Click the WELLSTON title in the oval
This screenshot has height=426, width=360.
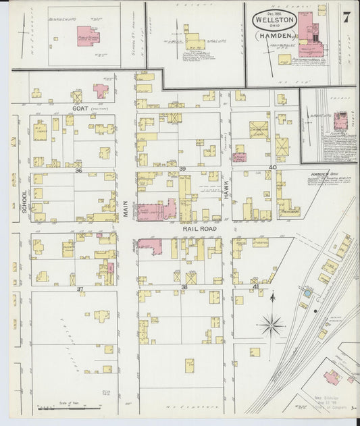pyautogui.click(x=274, y=21)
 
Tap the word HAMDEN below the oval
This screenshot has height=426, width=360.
pyautogui.click(x=274, y=34)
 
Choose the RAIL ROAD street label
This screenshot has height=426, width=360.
pyautogui.click(x=199, y=229)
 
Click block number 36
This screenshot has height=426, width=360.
pyautogui.click(x=79, y=171)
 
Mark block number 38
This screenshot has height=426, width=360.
pyautogui.click(x=184, y=288)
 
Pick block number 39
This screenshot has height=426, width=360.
pyautogui.click(x=182, y=168)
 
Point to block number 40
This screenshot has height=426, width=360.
pyautogui.click(x=272, y=167)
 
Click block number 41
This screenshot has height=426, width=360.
pyautogui.click(x=255, y=287)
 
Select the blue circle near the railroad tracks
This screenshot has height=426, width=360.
pyautogui.click(x=308, y=294)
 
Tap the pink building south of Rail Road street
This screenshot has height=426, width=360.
pyautogui.click(x=149, y=246)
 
